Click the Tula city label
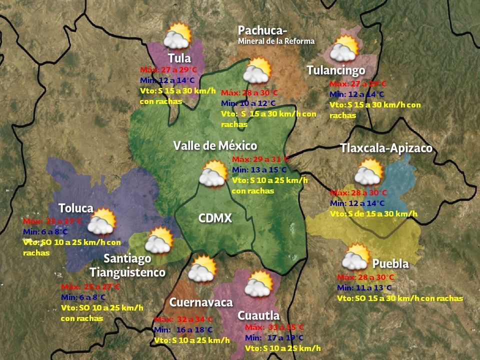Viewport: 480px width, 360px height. pos(179,57)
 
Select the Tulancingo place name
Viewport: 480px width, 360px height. pos(335,70)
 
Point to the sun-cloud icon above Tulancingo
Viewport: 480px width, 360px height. pos(345,48)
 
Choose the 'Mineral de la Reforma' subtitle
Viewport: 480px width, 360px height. pos(276,41)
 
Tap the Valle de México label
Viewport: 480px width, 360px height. pos(215,145)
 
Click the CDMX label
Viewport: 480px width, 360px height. pos(215,218)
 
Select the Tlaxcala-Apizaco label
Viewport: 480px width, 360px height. pos(386,148)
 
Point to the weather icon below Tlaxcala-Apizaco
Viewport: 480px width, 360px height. pos(369,172)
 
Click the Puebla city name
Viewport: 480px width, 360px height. pos(390,263)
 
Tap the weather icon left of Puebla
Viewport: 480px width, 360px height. pos(356,257)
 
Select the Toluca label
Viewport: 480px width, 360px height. pos(76,208)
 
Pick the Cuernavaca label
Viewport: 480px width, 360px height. pos(201,302)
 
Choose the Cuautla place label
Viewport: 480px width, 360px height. pos(258,315)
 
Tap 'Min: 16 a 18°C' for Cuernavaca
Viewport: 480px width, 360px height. pos(183,330)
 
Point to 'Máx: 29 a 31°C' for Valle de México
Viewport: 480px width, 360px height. pos(260,159)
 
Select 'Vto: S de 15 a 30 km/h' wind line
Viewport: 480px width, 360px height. pos(373,213)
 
